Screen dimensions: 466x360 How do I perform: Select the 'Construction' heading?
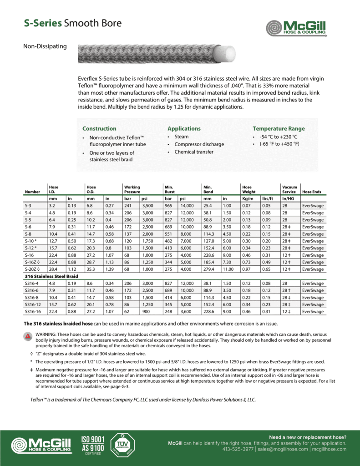click(99, 129)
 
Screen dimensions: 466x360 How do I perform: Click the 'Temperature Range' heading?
click(279, 129)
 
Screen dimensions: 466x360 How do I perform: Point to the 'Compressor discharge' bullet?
click(199, 144)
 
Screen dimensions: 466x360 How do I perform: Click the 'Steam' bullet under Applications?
click(182, 137)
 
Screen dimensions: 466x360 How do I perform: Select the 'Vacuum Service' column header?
click(289, 189)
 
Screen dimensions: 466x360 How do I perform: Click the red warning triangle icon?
click(28, 337)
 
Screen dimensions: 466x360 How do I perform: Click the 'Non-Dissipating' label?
click(45, 46)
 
